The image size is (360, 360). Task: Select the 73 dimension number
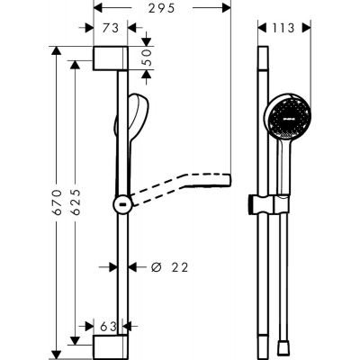coord(112,28)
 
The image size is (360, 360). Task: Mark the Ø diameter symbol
coord(155,266)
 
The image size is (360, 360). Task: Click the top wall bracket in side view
coord(114,56)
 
